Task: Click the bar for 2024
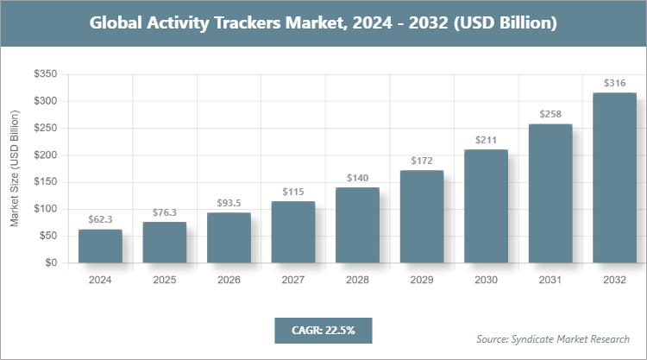(x=100, y=246)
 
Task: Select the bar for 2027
(x=293, y=232)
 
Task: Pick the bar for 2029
(x=422, y=217)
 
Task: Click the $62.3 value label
(x=100, y=220)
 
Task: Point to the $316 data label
(x=614, y=84)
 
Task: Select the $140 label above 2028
(x=357, y=178)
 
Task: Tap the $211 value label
(x=486, y=140)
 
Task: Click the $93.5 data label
(x=229, y=203)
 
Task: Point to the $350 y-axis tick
(x=46, y=75)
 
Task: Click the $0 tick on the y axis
(x=51, y=263)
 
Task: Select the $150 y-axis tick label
(x=46, y=182)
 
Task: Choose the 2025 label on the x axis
(x=164, y=280)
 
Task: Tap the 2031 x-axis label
(x=550, y=280)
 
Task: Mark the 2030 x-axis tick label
(x=486, y=280)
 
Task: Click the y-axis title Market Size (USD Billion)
(x=15, y=169)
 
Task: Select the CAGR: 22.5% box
(x=323, y=329)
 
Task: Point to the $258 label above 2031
(x=550, y=114)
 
